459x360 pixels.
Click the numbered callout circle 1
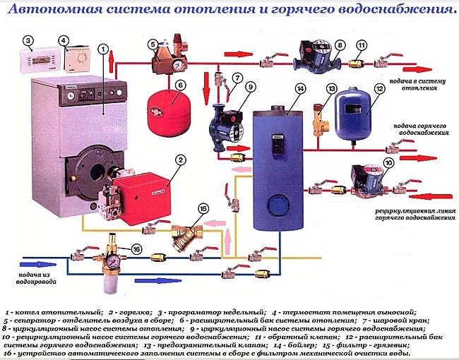point(104,49)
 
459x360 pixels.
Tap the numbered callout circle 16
point(137,249)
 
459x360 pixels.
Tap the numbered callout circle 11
point(362,46)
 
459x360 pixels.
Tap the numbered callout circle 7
point(237,78)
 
